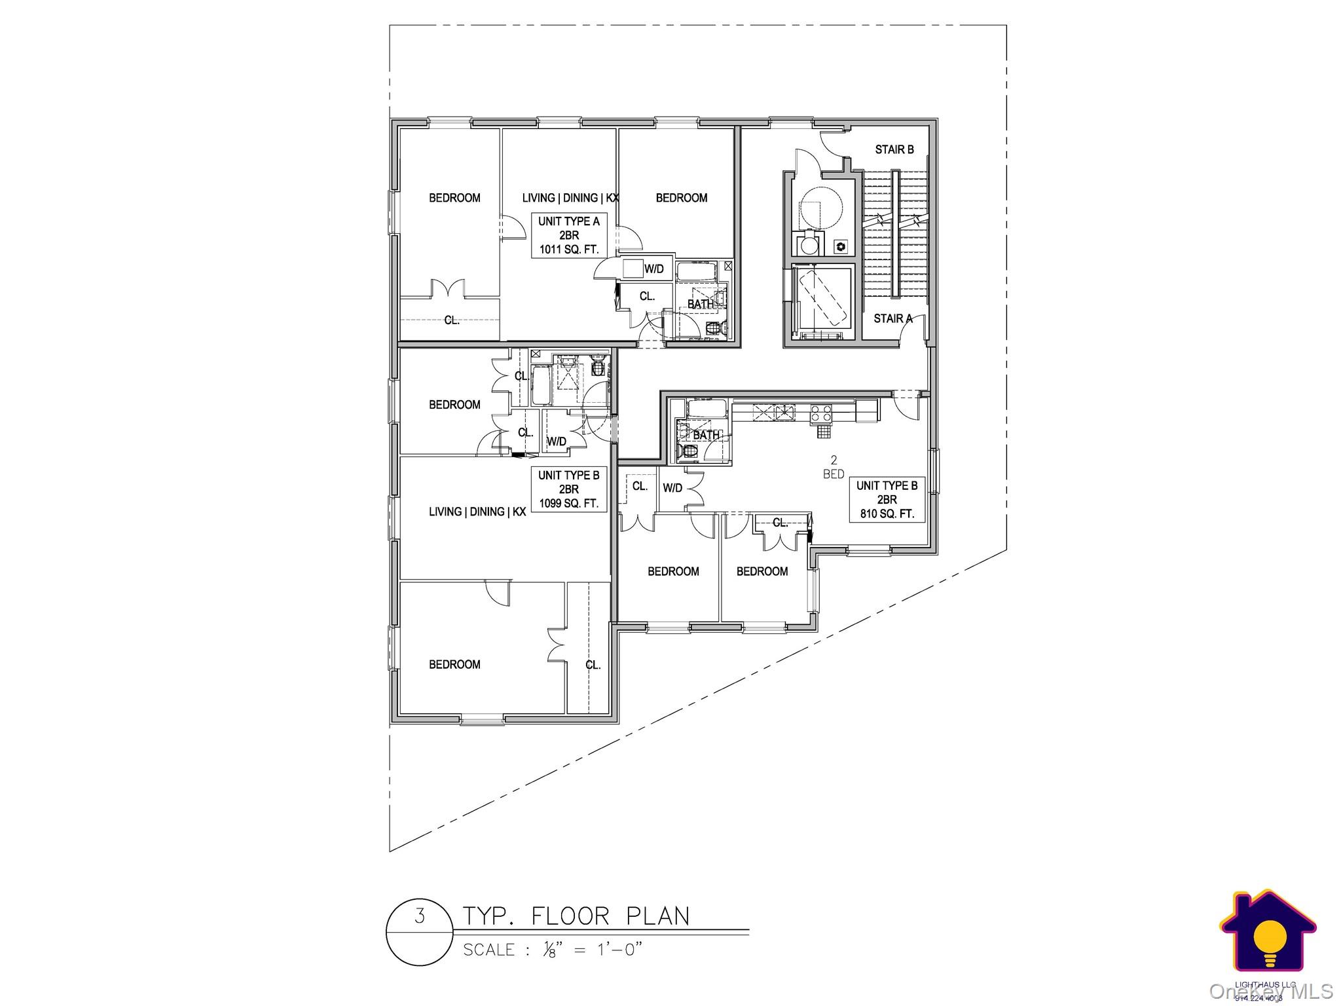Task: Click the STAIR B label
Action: (x=894, y=150)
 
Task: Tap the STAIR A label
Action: (x=892, y=319)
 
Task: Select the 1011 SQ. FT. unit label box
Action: (x=568, y=235)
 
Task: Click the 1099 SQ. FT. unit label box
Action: (x=568, y=489)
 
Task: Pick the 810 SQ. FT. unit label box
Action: (x=887, y=500)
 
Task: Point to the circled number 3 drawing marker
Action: (x=419, y=933)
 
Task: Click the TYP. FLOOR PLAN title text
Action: (x=576, y=916)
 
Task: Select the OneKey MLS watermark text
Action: (x=1270, y=992)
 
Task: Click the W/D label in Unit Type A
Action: (x=653, y=269)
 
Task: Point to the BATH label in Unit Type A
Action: (x=700, y=305)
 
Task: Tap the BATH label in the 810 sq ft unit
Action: (x=706, y=435)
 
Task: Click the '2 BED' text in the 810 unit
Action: (x=834, y=468)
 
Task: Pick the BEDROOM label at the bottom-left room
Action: (x=454, y=665)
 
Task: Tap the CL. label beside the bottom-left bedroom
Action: (x=593, y=665)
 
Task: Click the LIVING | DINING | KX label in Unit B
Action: (x=477, y=512)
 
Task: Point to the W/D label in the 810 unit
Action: (x=672, y=488)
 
